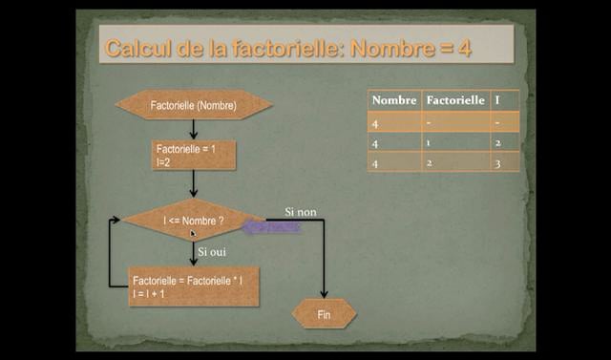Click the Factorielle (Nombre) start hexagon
[x=193, y=104]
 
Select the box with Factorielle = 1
[x=194, y=156]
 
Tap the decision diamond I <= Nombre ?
[x=194, y=221]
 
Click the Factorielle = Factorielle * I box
[x=194, y=286]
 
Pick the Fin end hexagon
[x=324, y=313]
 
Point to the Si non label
[x=301, y=211]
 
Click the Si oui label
[x=212, y=251]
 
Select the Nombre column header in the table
[x=394, y=100]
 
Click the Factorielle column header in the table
[x=455, y=100]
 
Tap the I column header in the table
[x=497, y=100]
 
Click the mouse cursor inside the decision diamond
[x=192, y=232]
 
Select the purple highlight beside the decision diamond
[x=272, y=227]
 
